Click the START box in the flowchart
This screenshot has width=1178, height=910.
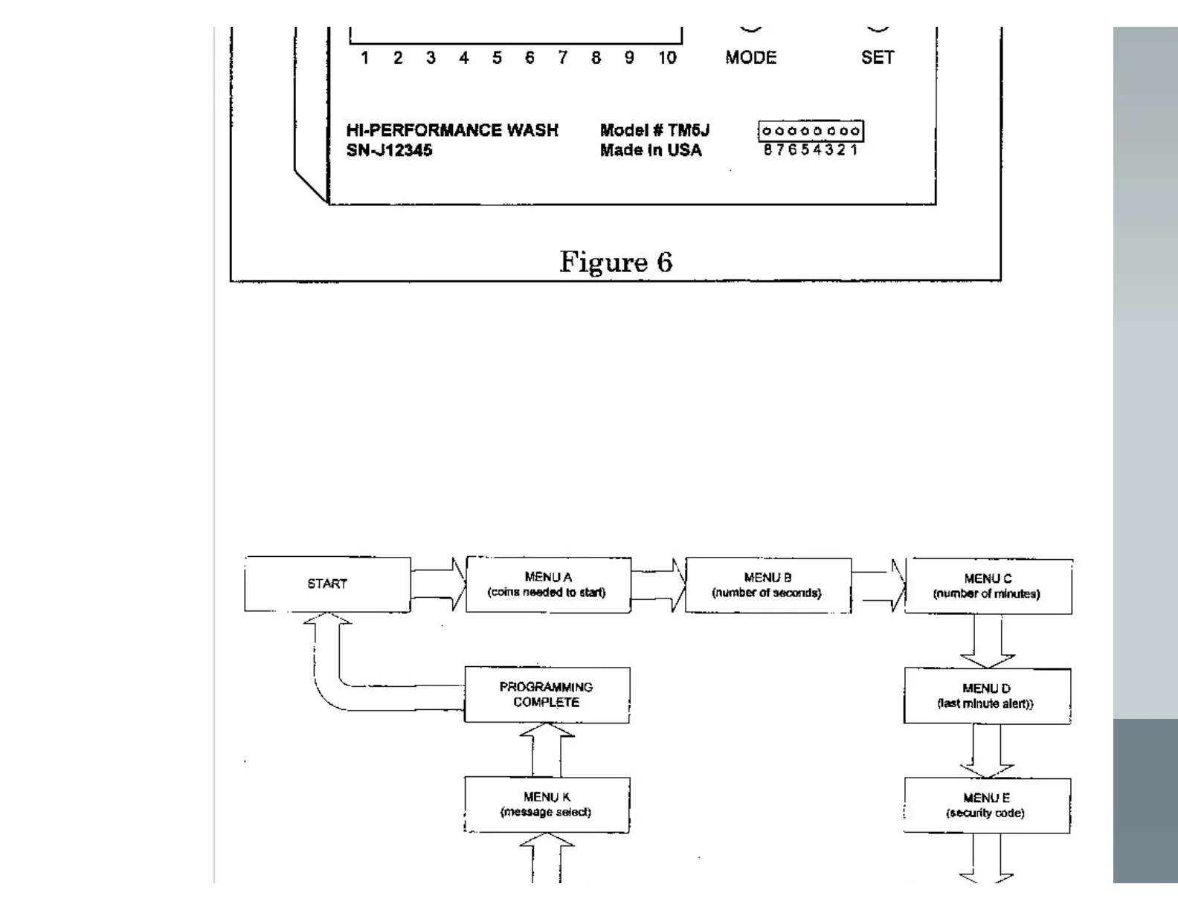327,584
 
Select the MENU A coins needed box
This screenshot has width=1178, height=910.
547,584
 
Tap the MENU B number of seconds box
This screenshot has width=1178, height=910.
767,585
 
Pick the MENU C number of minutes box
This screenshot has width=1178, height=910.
988,586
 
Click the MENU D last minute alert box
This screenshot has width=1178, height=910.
987,696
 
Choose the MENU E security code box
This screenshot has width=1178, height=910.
987,805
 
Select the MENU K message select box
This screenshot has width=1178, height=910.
547,804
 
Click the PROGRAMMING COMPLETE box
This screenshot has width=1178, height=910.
547,694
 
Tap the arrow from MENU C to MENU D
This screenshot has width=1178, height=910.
987,642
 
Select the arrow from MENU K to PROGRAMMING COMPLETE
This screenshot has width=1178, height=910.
547,749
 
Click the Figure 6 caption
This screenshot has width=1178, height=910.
616,262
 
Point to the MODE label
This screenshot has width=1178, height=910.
751,57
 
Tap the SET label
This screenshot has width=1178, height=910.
878,57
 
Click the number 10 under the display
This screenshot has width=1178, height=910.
667,57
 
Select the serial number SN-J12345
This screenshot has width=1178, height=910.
389,150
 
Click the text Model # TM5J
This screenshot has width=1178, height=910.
654,130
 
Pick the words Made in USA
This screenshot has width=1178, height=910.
651,150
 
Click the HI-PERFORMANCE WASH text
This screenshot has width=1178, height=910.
452,130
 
